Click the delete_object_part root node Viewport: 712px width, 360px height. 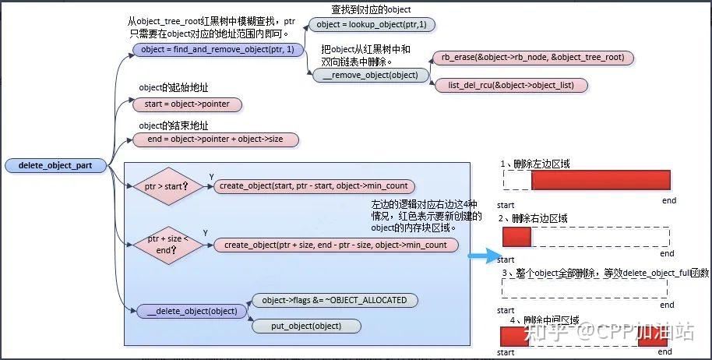(55, 166)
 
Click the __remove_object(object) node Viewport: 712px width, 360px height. (370, 76)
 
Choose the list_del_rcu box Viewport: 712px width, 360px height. (510, 84)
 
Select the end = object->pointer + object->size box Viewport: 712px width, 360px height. (216, 139)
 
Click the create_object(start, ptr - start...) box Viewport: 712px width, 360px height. (314, 186)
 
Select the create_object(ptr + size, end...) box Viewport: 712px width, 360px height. (336, 245)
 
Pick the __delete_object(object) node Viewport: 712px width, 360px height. (192, 311)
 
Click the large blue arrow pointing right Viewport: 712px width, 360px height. (481, 253)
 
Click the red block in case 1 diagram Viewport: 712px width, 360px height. (600, 179)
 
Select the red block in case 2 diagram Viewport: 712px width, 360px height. (516, 236)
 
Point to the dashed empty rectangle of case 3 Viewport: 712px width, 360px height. (585, 288)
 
